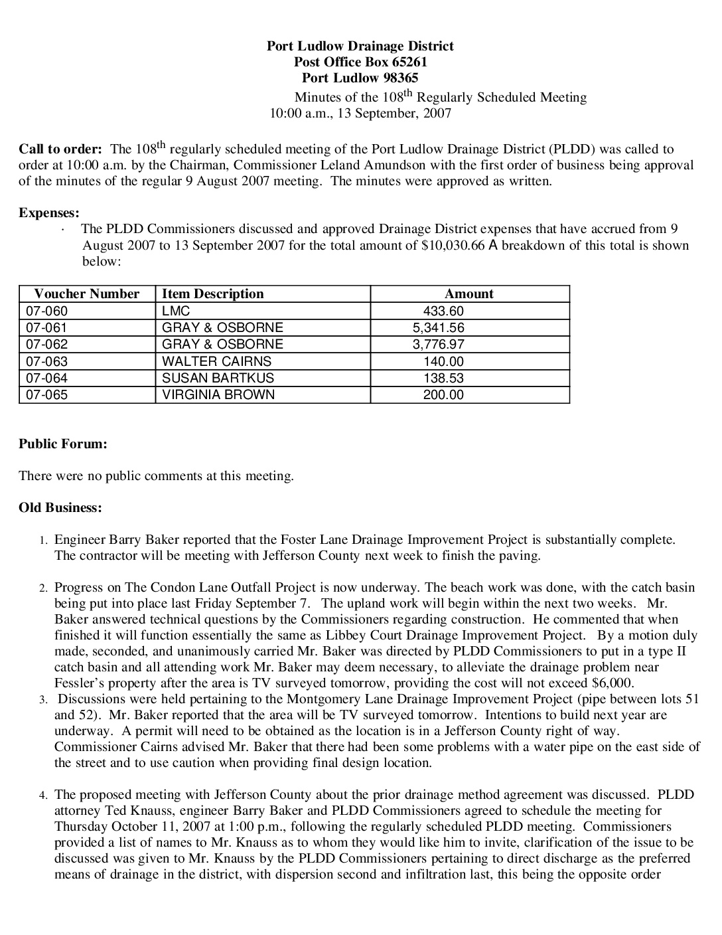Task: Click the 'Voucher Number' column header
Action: [86, 294]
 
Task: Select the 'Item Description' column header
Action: [212, 294]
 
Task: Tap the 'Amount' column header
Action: [469, 294]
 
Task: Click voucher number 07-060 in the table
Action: [46, 311]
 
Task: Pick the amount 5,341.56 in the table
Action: [438, 327]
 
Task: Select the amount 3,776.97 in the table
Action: [438, 344]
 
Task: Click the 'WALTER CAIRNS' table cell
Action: [216, 361]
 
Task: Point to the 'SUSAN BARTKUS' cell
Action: [218, 378]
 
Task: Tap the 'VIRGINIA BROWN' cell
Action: [218, 394]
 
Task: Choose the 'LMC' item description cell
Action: [176, 311]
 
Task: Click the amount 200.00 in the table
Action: [443, 394]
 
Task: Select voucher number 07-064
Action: [46, 378]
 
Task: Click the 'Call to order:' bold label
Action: [60, 149]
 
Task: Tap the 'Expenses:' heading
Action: [49, 213]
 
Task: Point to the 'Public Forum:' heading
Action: [63, 444]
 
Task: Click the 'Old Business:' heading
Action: [60, 508]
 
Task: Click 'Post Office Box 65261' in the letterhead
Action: [360, 62]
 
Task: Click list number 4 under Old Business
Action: [42, 795]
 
